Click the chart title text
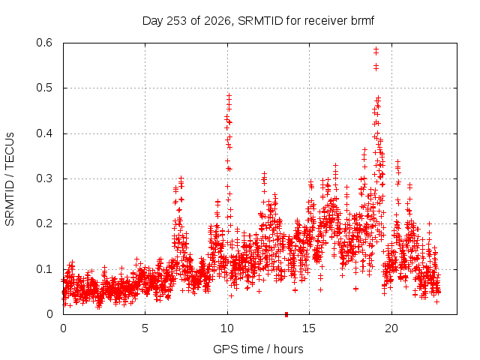coord(258,21)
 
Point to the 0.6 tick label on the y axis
coord(44,43)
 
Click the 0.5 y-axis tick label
coord(44,88)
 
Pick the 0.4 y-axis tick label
coord(44,133)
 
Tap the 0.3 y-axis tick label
coord(44,178)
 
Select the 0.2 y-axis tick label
coord(44,223)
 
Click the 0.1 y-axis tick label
coord(44,269)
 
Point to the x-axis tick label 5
coord(145,328)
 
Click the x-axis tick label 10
coord(226,328)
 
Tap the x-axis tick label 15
coord(309,328)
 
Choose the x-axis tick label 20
coord(391,328)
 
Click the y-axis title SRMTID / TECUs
coord(10,179)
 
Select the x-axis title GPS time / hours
coord(258,349)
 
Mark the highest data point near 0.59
coord(376,49)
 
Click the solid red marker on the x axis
coord(286,314)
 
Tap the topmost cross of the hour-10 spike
coord(229,95)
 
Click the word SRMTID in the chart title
coord(260,21)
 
